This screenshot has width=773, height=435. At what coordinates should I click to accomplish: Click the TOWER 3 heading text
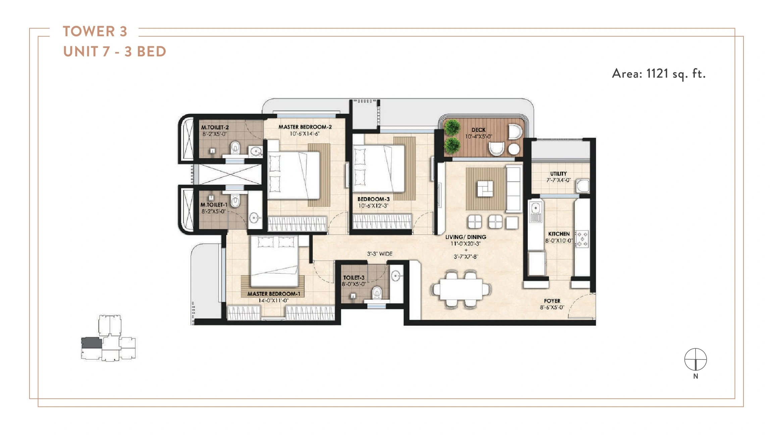[95, 32]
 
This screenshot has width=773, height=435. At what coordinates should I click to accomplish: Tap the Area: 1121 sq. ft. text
[658, 74]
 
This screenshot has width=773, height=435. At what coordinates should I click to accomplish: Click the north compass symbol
[695, 359]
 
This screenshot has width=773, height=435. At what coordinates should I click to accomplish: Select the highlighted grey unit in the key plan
[92, 343]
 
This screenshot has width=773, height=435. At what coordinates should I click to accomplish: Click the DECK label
[478, 130]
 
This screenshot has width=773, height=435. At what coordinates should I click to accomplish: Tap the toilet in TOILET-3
[377, 293]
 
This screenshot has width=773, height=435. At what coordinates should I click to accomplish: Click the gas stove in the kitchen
[582, 239]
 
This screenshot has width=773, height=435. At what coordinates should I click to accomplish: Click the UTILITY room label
[558, 174]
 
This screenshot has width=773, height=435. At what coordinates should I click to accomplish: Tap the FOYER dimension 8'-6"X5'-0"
[552, 307]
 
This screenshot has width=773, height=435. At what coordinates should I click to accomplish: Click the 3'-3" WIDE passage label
[379, 254]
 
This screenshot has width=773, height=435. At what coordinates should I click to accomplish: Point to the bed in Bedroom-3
[378, 168]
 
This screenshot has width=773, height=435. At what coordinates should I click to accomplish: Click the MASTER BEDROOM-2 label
[305, 127]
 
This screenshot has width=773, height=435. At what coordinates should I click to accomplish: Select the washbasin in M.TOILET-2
[256, 151]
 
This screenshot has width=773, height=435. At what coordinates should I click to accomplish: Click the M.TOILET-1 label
[214, 205]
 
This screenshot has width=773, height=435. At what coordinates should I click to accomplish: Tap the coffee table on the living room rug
[485, 189]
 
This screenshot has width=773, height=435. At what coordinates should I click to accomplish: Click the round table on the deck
[513, 149]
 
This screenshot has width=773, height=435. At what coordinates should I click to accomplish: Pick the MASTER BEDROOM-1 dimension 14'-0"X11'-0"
[273, 300]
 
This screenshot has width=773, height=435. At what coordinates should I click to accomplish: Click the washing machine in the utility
[583, 186]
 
